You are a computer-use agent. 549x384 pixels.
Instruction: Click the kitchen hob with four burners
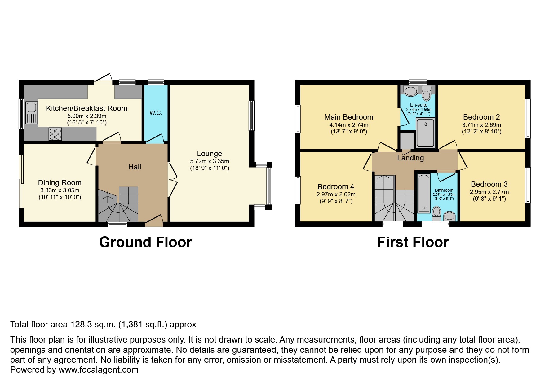point(55,134)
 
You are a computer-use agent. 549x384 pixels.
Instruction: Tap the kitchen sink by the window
point(31,113)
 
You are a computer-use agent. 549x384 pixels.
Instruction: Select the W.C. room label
point(156,113)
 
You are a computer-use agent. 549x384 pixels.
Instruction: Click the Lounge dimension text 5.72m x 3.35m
point(210,161)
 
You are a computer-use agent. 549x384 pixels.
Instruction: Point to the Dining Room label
point(60,183)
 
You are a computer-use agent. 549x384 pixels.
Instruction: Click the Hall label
point(135,167)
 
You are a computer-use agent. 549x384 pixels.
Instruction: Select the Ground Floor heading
point(145,242)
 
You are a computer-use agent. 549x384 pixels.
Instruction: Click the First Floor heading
point(413,242)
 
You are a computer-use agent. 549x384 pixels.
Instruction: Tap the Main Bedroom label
point(349,117)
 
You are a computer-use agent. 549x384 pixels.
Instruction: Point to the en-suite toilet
point(427,93)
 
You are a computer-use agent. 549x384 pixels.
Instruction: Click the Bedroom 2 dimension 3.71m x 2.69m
point(481,125)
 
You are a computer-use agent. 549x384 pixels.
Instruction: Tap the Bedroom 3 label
point(489,184)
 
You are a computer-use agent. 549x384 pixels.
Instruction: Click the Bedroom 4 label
point(336,187)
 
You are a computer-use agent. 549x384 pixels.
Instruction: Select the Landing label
point(410,158)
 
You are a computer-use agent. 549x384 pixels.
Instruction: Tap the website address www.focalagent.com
point(98,370)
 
